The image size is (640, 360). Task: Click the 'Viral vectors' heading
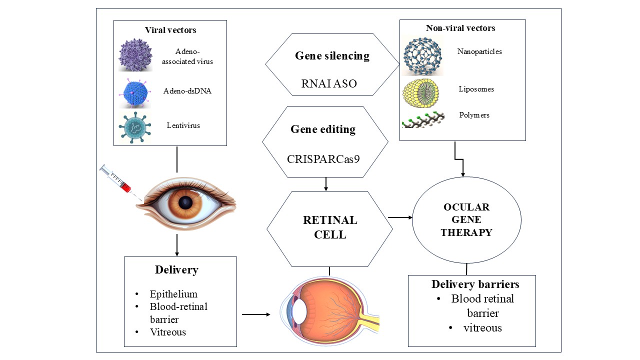coord(170,30)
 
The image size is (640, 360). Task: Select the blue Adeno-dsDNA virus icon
coord(135,91)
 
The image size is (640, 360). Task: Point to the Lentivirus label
coord(183,125)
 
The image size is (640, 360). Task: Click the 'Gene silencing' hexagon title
coord(332,55)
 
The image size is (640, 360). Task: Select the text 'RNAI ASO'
coord(329,83)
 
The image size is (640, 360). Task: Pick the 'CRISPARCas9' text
coord(323,159)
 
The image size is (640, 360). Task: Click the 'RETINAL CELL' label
coord(330,227)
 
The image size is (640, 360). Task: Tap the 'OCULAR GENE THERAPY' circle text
coord(466,220)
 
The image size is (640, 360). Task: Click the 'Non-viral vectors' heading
coord(460,28)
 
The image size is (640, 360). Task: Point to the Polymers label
coord(474,115)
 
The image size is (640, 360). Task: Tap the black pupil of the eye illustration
coord(186,202)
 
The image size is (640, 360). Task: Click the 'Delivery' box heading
coord(176,270)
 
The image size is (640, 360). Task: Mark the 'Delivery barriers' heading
coord(475,284)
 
